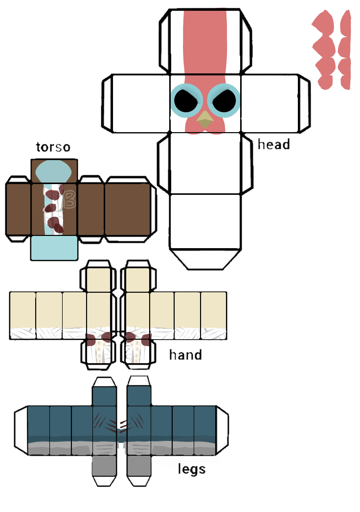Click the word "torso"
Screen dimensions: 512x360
tap(53, 147)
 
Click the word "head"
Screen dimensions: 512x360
tap(273, 145)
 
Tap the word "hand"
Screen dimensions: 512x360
tap(185, 354)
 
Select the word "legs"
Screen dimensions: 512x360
tap(191, 469)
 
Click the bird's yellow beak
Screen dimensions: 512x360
tap(205, 119)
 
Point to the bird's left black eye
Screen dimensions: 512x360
tap(186, 100)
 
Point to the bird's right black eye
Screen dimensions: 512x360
tap(224, 100)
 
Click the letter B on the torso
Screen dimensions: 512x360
tap(69, 198)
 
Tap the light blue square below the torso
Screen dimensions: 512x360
tap(54, 248)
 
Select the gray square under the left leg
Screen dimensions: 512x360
tap(104, 466)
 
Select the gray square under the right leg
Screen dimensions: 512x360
tap(139, 466)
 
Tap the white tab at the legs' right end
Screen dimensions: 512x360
tap(222, 428)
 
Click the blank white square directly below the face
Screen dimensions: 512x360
tap(205, 163)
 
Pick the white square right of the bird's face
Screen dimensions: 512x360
tap(269, 103)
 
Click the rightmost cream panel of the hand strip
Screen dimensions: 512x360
tap(213, 310)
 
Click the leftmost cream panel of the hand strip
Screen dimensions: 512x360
tap(22, 310)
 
